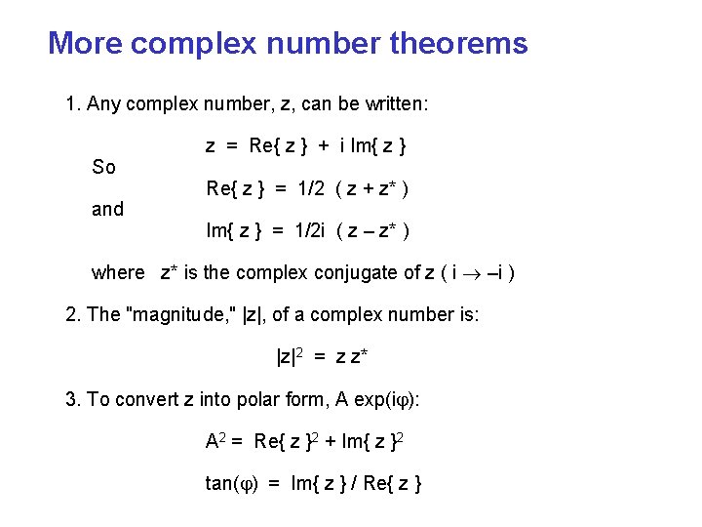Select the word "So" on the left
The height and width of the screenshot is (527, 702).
103,167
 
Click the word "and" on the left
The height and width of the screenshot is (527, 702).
107,209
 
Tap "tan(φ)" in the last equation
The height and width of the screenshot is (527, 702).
231,482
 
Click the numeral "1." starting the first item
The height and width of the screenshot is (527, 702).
72,103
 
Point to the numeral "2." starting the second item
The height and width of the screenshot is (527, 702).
72,314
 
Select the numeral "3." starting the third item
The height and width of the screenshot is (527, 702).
72,398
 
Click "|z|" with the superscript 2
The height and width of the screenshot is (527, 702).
286,356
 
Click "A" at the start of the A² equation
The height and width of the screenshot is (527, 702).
212,441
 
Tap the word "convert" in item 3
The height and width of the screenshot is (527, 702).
147,398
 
